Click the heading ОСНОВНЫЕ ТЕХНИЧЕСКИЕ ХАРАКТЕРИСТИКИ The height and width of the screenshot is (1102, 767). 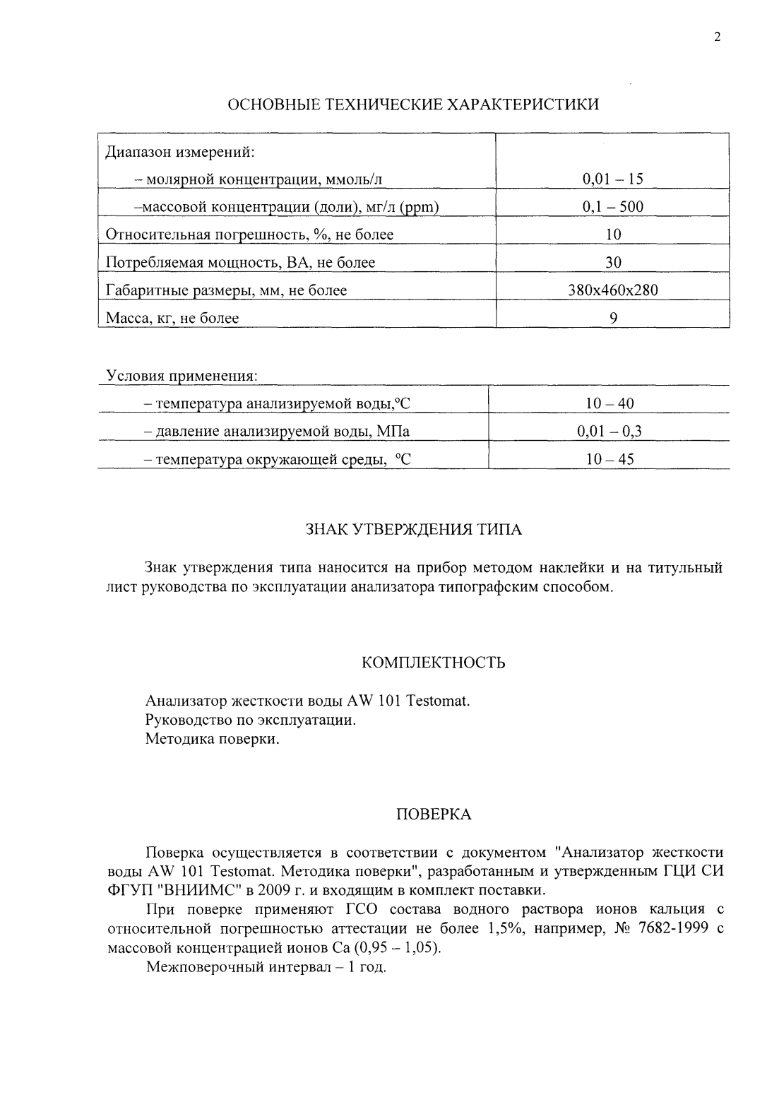(413, 105)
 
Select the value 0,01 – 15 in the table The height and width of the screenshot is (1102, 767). (612, 179)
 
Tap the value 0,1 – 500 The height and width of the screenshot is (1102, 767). (612, 207)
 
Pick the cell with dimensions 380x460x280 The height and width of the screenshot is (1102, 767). (613, 290)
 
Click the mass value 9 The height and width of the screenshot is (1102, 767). (613, 318)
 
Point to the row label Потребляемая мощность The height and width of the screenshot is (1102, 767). (240, 263)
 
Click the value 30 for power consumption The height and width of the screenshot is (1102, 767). (613, 263)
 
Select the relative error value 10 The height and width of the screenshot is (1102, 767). (613, 235)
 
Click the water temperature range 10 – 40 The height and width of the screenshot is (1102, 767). (610, 403)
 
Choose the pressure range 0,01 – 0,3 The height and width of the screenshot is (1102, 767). (610, 432)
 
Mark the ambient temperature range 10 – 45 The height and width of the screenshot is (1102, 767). (610, 459)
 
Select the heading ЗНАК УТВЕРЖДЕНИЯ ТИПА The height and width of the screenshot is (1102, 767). (413, 530)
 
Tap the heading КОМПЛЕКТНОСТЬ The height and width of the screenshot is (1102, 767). (433, 663)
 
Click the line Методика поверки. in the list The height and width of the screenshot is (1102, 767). (213, 739)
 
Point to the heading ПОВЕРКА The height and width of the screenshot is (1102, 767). (433, 814)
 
